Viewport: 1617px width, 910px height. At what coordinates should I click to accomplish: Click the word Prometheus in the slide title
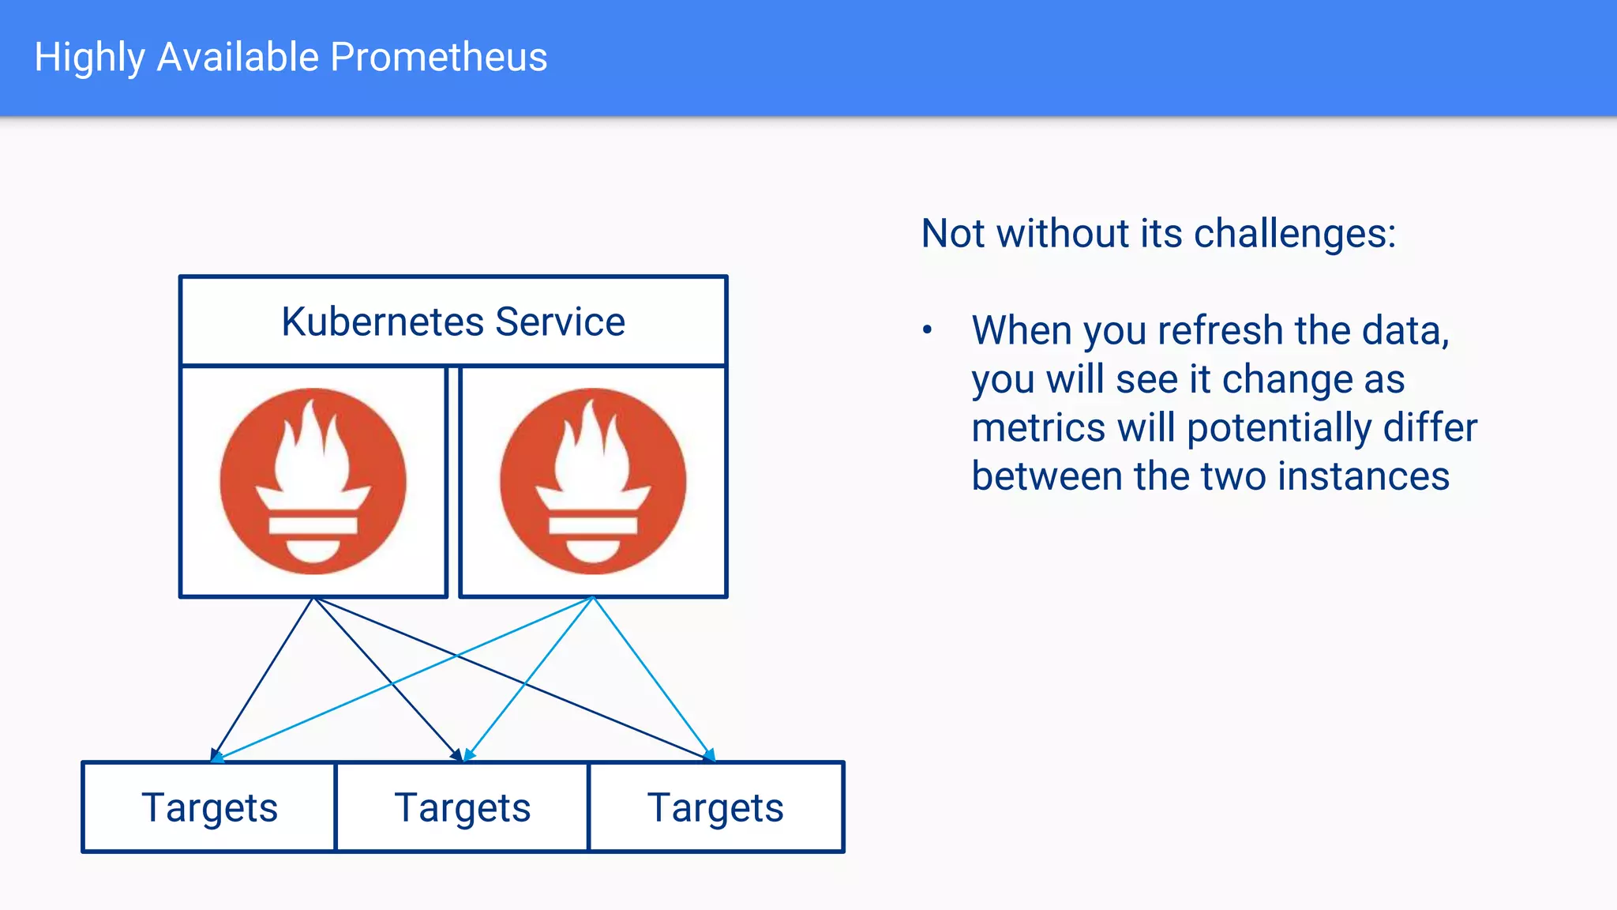(438, 58)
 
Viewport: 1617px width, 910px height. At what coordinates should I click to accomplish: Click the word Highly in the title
(89, 58)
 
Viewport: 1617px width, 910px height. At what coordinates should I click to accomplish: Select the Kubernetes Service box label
(453, 322)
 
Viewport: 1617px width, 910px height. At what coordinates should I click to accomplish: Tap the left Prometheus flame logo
(313, 481)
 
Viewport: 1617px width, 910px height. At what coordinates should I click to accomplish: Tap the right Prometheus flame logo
(593, 481)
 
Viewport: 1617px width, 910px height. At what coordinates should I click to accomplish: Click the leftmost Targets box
(209, 807)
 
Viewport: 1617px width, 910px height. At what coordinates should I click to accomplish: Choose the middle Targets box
(463, 807)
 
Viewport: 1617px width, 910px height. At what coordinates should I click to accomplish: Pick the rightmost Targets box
(715, 807)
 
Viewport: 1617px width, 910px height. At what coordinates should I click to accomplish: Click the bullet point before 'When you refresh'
(928, 330)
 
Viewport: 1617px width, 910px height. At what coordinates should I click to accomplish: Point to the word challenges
(1295, 234)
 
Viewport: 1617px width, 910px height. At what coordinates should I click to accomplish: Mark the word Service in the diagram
(560, 322)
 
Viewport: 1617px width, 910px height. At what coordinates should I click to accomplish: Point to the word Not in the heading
(954, 234)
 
